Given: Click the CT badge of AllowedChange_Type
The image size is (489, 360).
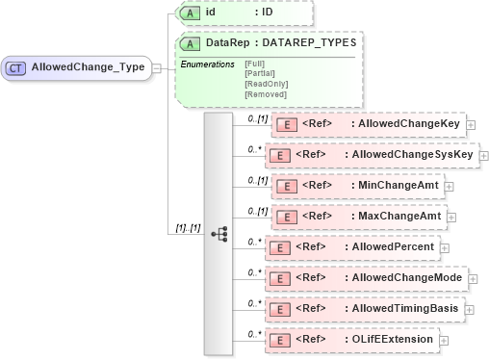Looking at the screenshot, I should click(16, 67).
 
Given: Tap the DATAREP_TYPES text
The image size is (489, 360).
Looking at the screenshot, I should click(310, 42).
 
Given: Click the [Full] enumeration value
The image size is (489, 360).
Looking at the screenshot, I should click(256, 64).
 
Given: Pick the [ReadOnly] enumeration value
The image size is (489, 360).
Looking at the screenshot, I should click(265, 84).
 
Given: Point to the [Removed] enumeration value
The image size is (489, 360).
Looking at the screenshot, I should click(265, 93).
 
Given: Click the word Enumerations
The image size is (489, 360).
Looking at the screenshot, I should click(208, 64).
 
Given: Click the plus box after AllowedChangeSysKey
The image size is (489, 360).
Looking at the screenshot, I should click(483, 155).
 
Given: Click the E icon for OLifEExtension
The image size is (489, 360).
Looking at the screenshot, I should click(278, 340).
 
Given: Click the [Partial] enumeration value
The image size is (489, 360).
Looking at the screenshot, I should click(260, 73).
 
